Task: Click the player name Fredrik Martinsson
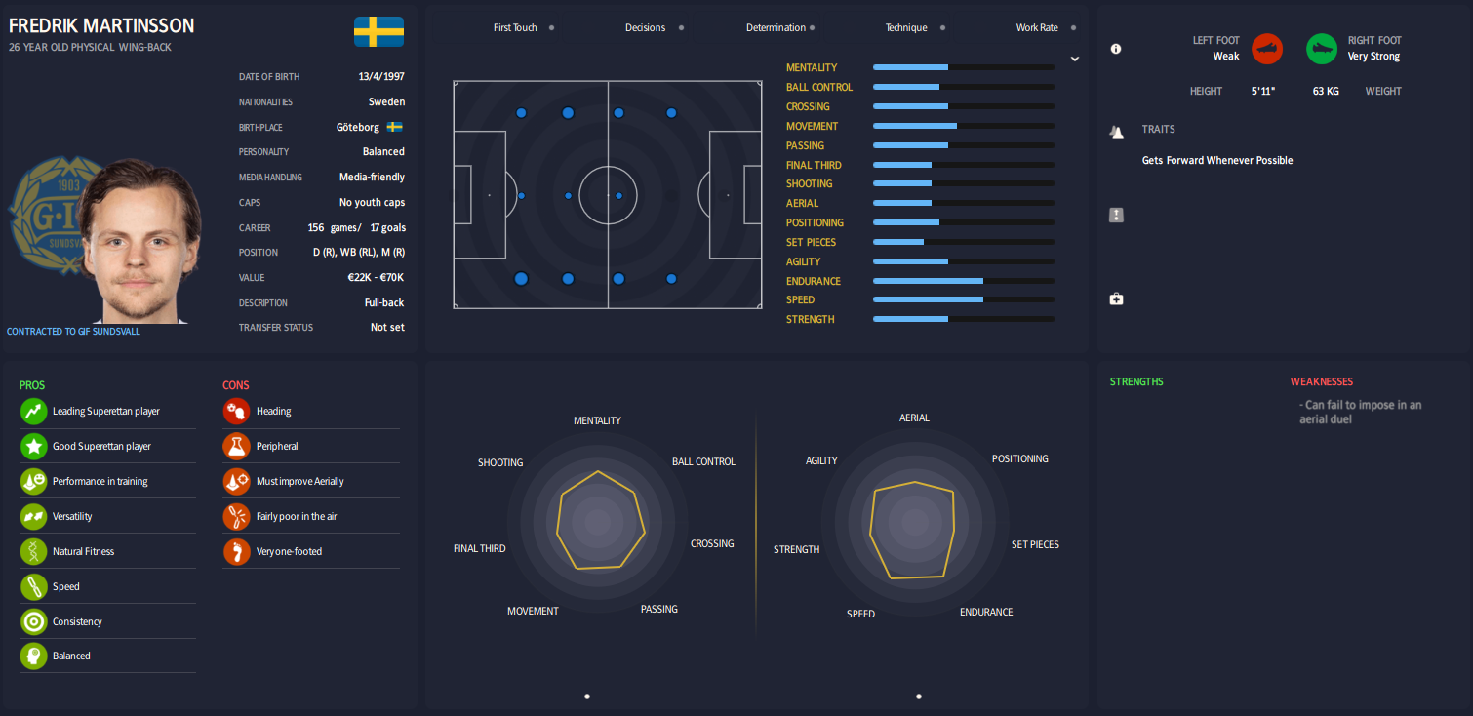(x=101, y=25)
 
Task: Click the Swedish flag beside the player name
(x=378, y=31)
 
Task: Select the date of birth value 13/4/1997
(x=381, y=77)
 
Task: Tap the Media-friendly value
(x=372, y=178)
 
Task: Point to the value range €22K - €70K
(x=377, y=278)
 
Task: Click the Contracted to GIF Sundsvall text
(x=73, y=332)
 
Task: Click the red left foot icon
(x=1267, y=49)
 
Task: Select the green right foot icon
(x=1322, y=49)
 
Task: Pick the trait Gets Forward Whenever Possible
(x=1217, y=160)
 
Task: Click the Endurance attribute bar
(x=963, y=281)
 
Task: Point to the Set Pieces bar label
(x=811, y=242)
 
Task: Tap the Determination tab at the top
(x=776, y=28)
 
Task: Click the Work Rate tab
(x=1036, y=28)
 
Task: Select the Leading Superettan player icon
(x=34, y=412)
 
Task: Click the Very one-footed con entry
(x=289, y=551)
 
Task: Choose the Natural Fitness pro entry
(x=83, y=551)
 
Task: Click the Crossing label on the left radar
(x=711, y=543)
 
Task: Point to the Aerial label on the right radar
(x=914, y=418)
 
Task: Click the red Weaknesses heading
(x=1321, y=381)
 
